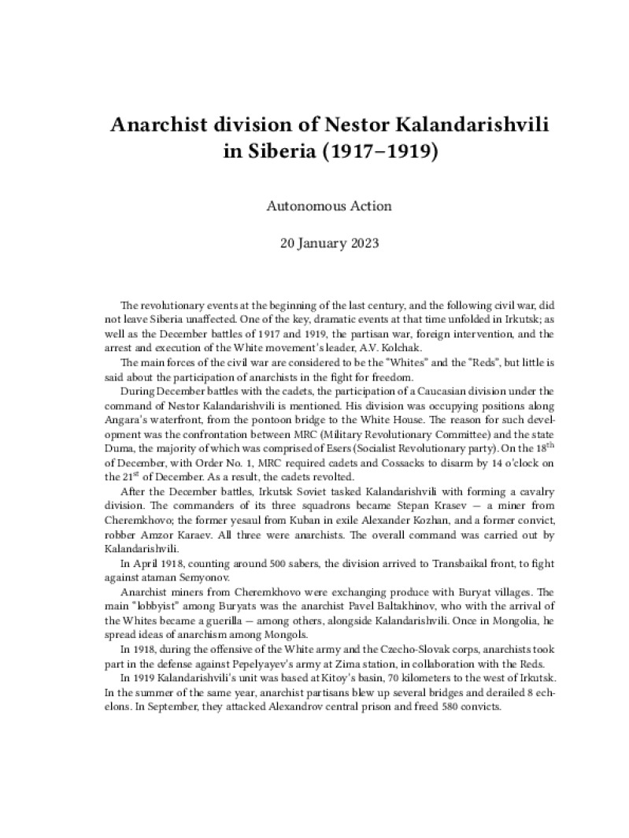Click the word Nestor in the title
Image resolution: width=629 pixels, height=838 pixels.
359,125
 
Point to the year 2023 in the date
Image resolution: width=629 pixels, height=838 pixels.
361,243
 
